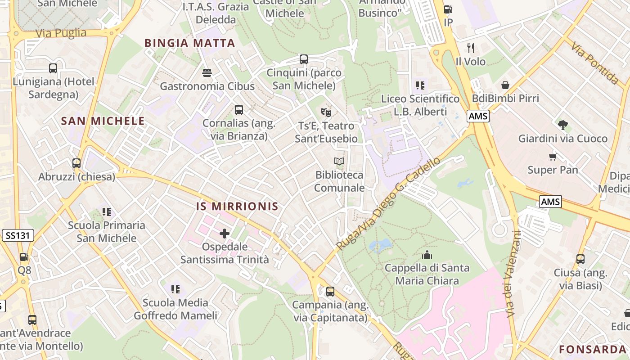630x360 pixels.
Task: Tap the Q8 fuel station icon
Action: tap(24, 257)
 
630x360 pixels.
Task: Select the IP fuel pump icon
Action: tap(448, 9)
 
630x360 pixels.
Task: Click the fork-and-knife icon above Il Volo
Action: tap(471, 48)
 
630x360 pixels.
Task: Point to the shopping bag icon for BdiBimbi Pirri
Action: tap(505, 85)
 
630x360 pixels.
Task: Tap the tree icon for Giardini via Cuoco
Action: tap(562, 125)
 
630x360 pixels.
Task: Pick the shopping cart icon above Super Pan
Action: tap(553, 157)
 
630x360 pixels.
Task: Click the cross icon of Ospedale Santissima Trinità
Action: tap(225, 233)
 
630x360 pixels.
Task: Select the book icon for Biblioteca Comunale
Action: tap(339, 161)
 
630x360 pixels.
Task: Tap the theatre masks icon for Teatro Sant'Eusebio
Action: tap(326, 112)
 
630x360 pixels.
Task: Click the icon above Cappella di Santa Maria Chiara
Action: tap(427, 255)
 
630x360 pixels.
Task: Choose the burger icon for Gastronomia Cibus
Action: tap(207, 72)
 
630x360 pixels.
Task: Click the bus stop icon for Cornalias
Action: tap(239, 109)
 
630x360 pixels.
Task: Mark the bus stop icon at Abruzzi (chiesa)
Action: tap(76, 163)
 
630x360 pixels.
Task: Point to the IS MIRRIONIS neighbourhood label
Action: tap(237, 207)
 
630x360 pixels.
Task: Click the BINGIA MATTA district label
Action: tap(189, 43)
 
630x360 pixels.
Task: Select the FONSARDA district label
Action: tap(592, 349)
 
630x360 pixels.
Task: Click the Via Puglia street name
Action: tap(61, 33)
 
